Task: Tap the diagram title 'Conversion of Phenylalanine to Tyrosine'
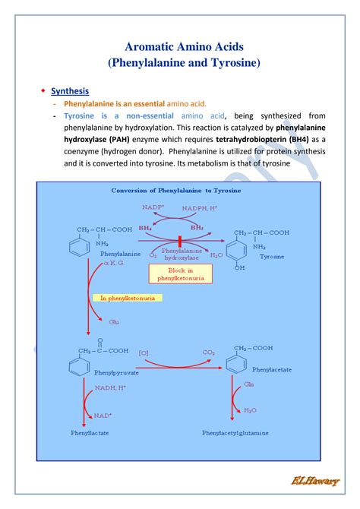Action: tap(176, 191)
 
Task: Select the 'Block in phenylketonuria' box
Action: tap(182, 274)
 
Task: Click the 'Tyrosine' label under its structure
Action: tap(271, 257)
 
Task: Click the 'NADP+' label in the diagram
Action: tap(153, 207)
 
